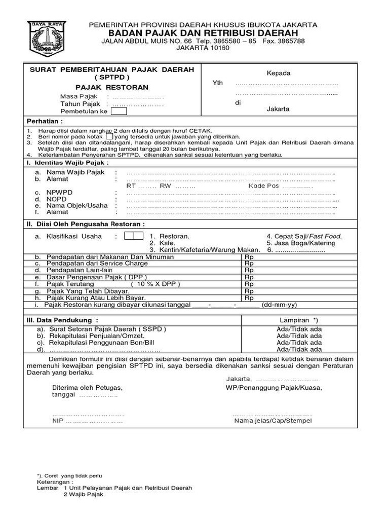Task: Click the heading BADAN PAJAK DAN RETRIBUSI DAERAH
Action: [x=203, y=32]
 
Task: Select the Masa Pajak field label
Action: [x=79, y=96]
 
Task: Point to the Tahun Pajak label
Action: [x=81, y=104]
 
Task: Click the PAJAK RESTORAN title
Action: [x=105, y=87]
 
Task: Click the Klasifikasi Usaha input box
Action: [x=134, y=236]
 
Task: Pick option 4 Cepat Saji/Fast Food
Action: [x=304, y=236]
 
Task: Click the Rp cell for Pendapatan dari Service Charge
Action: [x=249, y=264]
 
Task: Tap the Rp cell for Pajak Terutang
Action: [x=249, y=284]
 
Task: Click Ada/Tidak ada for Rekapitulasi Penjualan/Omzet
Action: [x=299, y=336]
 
